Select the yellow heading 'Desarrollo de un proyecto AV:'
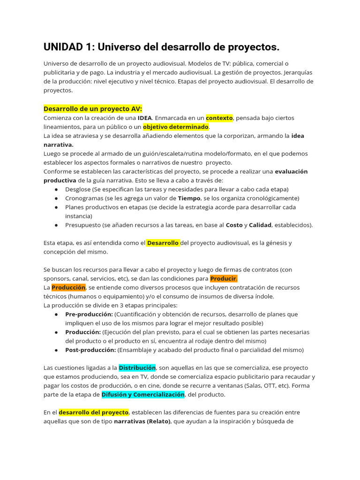coord(93,109)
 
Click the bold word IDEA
coord(145,118)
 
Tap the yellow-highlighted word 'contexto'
coord(219,118)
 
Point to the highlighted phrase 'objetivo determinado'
coord(176,127)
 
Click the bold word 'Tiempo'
coord(189,198)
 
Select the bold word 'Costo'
coord(234,225)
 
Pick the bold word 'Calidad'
coord(260,225)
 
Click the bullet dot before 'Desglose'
coord(56,189)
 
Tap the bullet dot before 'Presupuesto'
coord(56,225)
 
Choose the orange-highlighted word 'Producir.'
coord(224,278)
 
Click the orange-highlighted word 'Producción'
coord(68,287)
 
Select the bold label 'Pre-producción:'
coord(89,314)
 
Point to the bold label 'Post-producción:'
coord(90,350)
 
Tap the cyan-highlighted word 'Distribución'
coord(137,368)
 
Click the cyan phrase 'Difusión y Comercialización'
coord(143,395)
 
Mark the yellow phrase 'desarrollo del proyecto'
coord(94,412)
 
